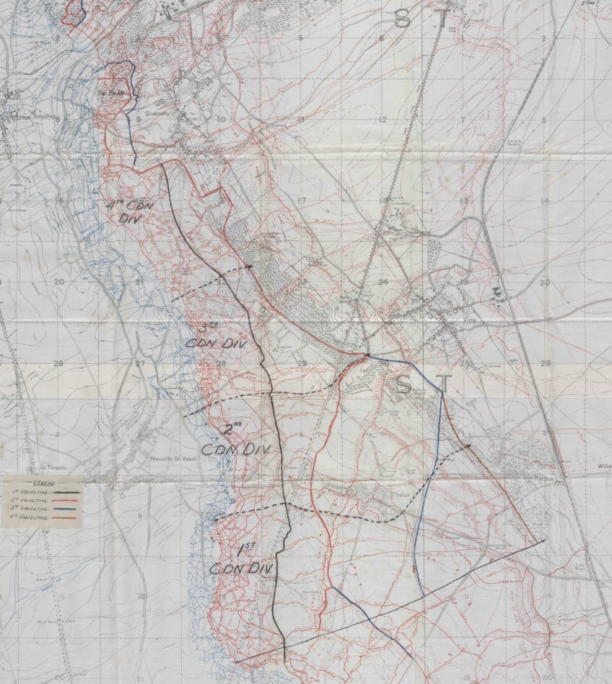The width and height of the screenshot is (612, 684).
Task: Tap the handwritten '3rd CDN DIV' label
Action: (217, 336)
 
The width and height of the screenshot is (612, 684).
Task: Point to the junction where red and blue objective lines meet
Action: (367, 355)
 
